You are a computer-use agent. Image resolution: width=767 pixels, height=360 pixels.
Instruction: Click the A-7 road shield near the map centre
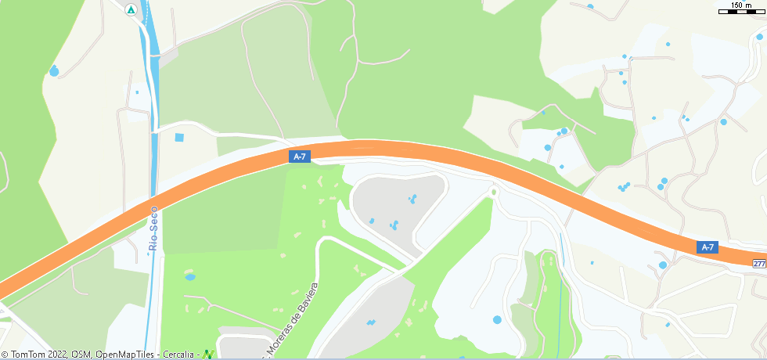click(299, 157)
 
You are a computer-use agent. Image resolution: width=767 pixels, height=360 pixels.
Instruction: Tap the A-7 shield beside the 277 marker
click(707, 247)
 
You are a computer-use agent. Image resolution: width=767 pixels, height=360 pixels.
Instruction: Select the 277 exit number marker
click(758, 264)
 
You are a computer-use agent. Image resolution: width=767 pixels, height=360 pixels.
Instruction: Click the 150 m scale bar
click(741, 9)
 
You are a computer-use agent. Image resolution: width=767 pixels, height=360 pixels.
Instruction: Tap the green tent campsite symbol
click(131, 10)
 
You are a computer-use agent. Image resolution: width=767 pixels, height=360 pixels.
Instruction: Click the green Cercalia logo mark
click(208, 355)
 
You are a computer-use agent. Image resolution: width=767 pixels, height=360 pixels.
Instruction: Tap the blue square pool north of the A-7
click(179, 138)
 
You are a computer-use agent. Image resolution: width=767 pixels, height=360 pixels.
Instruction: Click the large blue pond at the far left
click(54, 71)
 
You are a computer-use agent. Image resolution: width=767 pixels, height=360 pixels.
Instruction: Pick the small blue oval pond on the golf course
click(189, 276)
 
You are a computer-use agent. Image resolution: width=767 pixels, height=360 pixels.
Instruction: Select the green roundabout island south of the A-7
click(494, 192)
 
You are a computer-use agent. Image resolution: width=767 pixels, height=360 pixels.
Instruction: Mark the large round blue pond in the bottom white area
click(497, 319)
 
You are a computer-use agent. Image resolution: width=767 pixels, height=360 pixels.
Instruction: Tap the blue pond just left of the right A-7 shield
click(663, 265)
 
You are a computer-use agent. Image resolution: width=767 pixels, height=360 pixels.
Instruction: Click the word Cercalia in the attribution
click(179, 355)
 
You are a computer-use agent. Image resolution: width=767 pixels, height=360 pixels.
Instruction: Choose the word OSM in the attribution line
click(81, 355)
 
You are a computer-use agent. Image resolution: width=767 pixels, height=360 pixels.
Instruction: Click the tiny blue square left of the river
click(137, 92)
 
